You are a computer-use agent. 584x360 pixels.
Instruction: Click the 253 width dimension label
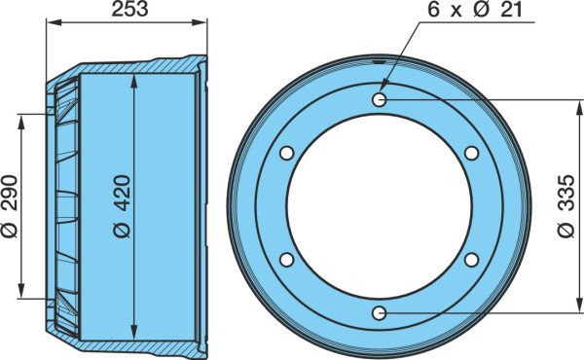(x=130, y=10)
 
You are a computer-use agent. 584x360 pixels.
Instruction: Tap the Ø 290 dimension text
(x=10, y=206)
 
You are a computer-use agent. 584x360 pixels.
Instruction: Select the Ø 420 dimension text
(x=123, y=206)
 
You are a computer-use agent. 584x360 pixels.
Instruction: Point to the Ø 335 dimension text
(x=566, y=206)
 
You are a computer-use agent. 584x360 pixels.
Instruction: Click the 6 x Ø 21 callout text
(x=475, y=10)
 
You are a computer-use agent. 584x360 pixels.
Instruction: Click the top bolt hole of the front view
(x=380, y=99)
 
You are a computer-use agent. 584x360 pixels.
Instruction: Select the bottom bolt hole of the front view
(x=380, y=313)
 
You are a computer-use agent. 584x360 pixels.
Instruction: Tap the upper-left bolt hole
(x=287, y=153)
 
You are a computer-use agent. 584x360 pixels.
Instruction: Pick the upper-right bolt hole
(x=471, y=153)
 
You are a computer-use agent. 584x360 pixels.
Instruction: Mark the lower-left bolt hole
(x=287, y=260)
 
